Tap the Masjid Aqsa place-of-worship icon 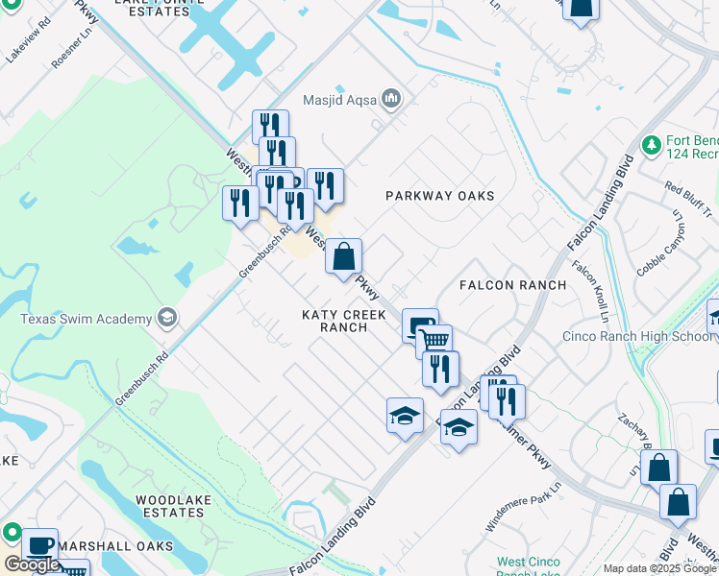tap(391, 98)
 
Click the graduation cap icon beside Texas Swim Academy tap(166, 318)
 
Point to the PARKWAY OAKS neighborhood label tap(439, 196)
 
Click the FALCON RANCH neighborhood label tap(512, 285)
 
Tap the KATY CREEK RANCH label tap(335, 321)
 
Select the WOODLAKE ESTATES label tap(169, 506)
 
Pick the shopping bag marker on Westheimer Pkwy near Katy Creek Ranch tap(343, 256)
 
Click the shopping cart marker tap(435, 340)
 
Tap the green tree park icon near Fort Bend tap(652, 145)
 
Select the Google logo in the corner tap(33, 564)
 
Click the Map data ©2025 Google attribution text tap(658, 568)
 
